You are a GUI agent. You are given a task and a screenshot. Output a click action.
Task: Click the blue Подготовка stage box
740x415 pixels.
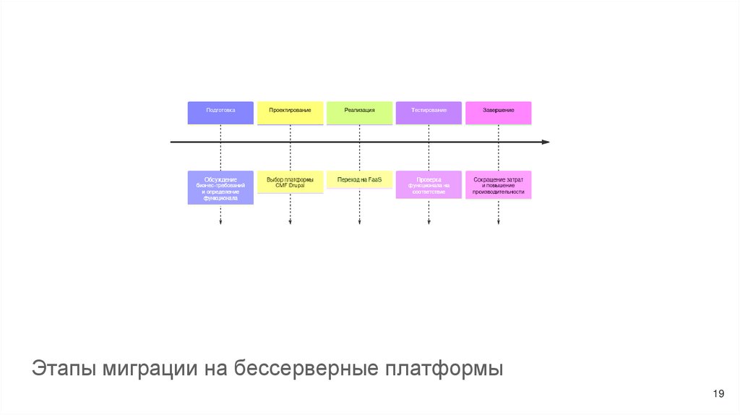220,112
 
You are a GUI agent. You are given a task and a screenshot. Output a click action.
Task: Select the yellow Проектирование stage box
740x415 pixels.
290,112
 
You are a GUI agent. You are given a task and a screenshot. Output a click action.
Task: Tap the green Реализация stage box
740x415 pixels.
359,112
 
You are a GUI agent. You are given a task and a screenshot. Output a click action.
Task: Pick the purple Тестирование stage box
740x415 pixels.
429,112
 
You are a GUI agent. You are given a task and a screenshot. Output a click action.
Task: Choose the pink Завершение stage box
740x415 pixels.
498,112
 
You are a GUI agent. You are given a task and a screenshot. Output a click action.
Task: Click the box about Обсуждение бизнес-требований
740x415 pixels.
220,187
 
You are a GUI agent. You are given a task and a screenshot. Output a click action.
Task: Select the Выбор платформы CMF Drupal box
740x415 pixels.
290,183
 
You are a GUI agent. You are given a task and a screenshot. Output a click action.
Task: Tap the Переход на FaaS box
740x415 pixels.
359,179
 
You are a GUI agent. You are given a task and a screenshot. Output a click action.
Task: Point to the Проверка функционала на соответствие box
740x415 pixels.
429,184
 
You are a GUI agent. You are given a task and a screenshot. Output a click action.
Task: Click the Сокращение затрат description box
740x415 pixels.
498,184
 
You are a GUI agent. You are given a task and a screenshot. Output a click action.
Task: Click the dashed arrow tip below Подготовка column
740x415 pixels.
220,223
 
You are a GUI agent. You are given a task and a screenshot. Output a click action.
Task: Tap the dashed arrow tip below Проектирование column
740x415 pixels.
290,223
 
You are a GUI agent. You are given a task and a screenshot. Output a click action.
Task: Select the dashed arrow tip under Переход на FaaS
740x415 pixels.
359,223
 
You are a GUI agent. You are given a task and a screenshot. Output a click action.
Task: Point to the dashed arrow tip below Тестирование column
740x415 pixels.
429,223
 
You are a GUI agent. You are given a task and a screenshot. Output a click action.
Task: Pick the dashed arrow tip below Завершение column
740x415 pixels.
498,223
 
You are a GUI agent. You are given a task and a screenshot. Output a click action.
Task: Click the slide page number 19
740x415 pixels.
718,393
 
